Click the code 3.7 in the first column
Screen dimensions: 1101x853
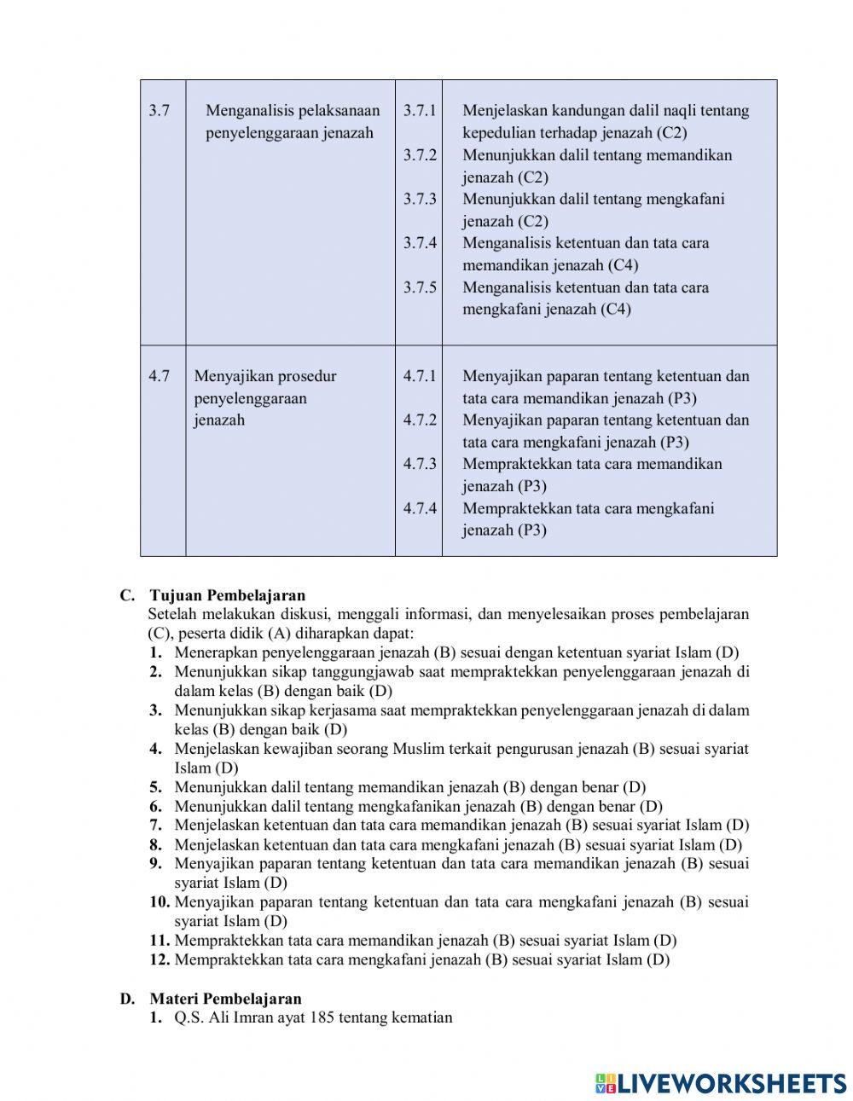pyautogui.click(x=159, y=111)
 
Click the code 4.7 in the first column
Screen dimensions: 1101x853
pyautogui.click(x=159, y=376)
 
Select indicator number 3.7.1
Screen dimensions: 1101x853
pyautogui.click(x=420, y=111)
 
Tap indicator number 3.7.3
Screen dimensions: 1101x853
pyautogui.click(x=420, y=199)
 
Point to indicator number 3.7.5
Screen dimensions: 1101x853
pyautogui.click(x=420, y=287)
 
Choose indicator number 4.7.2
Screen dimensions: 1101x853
pyautogui.click(x=420, y=420)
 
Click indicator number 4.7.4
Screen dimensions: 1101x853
pyautogui.click(x=420, y=508)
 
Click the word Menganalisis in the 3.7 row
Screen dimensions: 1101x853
pyautogui.click(x=247, y=111)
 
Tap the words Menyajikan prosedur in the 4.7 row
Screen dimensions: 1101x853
pyautogui.click(x=265, y=376)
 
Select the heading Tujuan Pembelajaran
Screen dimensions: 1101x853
pyautogui.click(x=227, y=595)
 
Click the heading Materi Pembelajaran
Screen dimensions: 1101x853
pyautogui.click(x=225, y=999)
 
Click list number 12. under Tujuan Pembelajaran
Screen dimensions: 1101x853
pyautogui.click(x=160, y=959)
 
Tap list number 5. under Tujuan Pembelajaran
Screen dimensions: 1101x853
pyautogui.click(x=156, y=787)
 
